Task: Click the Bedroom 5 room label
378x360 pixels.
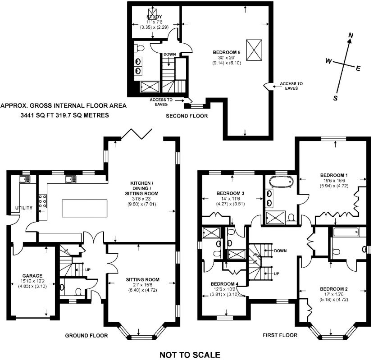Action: tap(226, 52)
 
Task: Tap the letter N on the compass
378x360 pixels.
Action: tap(351, 36)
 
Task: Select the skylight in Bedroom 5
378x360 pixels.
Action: tap(254, 50)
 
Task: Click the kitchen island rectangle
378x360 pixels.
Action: tap(84, 208)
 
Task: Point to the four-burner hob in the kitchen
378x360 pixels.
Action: tap(43, 201)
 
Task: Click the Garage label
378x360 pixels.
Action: tap(32, 276)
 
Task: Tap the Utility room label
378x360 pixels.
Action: tap(23, 208)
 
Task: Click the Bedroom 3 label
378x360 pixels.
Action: tap(231, 193)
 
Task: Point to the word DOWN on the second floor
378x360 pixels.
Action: tap(170, 54)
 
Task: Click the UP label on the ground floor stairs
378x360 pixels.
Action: tap(88, 269)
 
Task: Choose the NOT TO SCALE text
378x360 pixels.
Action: tap(190, 355)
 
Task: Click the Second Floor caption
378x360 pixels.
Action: tap(187, 116)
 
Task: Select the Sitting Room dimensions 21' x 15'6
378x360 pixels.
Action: tap(143, 285)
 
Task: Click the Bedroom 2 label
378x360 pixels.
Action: tap(334, 289)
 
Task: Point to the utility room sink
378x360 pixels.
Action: tap(25, 179)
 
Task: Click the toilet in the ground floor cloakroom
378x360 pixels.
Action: tap(78, 292)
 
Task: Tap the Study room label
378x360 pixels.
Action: tap(154, 17)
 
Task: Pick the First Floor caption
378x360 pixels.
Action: tap(280, 335)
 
